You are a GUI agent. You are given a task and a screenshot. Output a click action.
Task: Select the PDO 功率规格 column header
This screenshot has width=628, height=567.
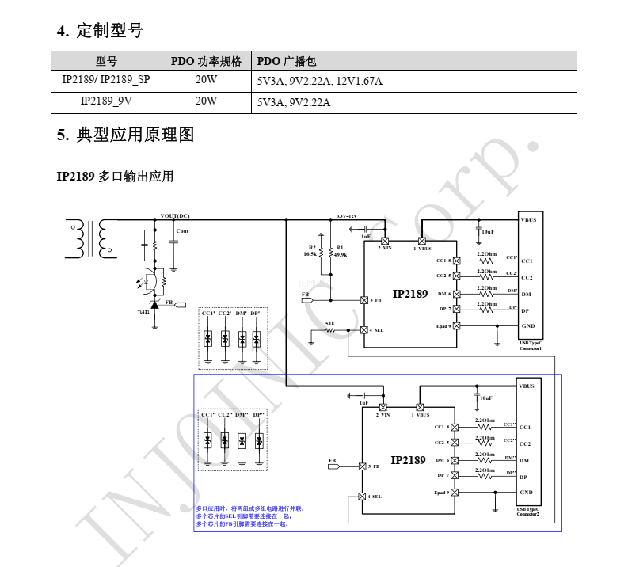pyautogui.click(x=206, y=62)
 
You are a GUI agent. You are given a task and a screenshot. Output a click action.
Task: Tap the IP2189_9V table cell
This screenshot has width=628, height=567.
pyautogui.click(x=106, y=101)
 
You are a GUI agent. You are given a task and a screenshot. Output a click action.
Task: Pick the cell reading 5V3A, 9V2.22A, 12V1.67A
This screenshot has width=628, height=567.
pyautogui.click(x=320, y=82)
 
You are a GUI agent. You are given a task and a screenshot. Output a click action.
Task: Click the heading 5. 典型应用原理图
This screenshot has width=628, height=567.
pyautogui.click(x=125, y=135)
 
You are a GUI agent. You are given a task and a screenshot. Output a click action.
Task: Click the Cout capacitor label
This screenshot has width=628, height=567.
pyautogui.click(x=182, y=230)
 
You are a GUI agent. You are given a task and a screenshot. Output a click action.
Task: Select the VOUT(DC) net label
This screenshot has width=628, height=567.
pyautogui.click(x=175, y=215)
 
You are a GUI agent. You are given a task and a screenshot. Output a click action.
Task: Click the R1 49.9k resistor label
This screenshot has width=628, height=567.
pyautogui.click(x=341, y=251)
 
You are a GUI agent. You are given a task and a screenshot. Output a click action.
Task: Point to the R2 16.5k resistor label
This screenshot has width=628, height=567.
pyautogui.click(x=310, y=251)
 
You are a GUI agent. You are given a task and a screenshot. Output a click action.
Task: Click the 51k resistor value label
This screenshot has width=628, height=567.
pyautogui.click(x=329, y=324)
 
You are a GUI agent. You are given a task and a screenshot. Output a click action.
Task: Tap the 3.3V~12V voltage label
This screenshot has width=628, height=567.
pyautogui.click(x=347, y=215)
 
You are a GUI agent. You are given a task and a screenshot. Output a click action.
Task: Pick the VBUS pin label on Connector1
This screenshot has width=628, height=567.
pyautogui.click(x=528, y=219)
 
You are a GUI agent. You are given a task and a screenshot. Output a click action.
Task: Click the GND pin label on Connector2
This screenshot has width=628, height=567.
pyautogui.click(x=526, y=493)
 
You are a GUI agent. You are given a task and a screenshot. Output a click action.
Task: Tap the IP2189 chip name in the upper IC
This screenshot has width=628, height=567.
pyautogui.click(x=410, y=294)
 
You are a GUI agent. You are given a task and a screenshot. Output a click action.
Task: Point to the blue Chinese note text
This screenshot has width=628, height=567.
pyautogui.click(x=249, y=516)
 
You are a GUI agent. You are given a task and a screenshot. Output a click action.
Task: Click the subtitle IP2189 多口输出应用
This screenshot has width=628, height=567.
pyautogui.click(x=115, y=176)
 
